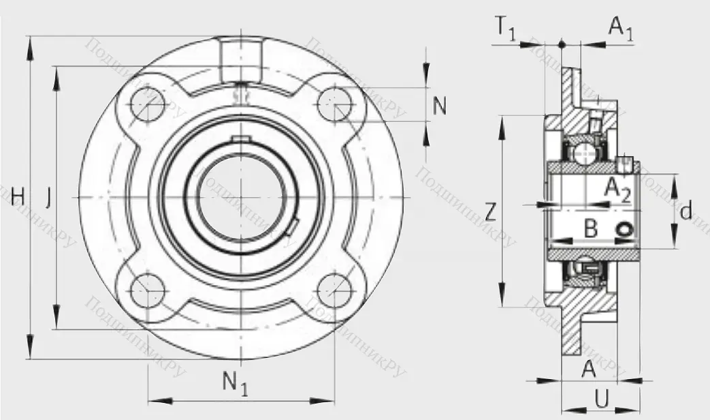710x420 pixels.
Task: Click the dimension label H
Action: click(x=18, y=198)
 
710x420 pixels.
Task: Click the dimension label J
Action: click(x=48, y=198)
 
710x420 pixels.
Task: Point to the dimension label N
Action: click(x=440, y=106)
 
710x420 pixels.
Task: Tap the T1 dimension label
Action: click(x=504, y=29)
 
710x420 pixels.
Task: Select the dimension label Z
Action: click(x=489, y=209)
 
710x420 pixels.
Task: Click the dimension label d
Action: click(x=685, y=211)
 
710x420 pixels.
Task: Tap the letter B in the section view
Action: click(x=591, y=229)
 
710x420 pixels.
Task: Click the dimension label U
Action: click(x=602, y=397)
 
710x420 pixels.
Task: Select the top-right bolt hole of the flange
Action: click(x=335, y=104)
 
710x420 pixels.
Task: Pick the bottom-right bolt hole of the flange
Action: click(x=335, y=290)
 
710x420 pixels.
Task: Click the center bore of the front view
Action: click(x=241, y=197)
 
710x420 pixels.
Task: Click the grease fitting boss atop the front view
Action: click(x=241, y=61)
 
